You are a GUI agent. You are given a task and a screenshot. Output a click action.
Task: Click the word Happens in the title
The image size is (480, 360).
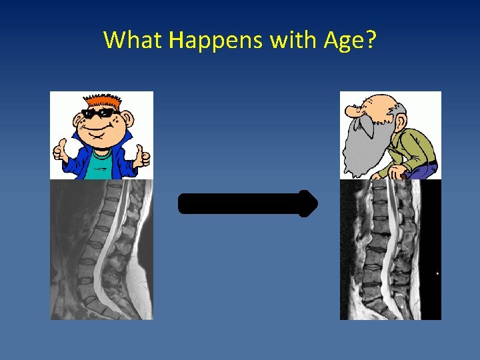215,41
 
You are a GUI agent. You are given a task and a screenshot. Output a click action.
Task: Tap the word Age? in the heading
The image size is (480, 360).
350,41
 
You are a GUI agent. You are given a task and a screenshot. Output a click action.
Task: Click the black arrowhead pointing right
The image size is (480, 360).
308,203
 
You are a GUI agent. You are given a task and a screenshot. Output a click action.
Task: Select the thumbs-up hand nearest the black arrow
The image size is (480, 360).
141,157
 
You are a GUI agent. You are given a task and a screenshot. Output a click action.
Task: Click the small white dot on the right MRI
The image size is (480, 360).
437,273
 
